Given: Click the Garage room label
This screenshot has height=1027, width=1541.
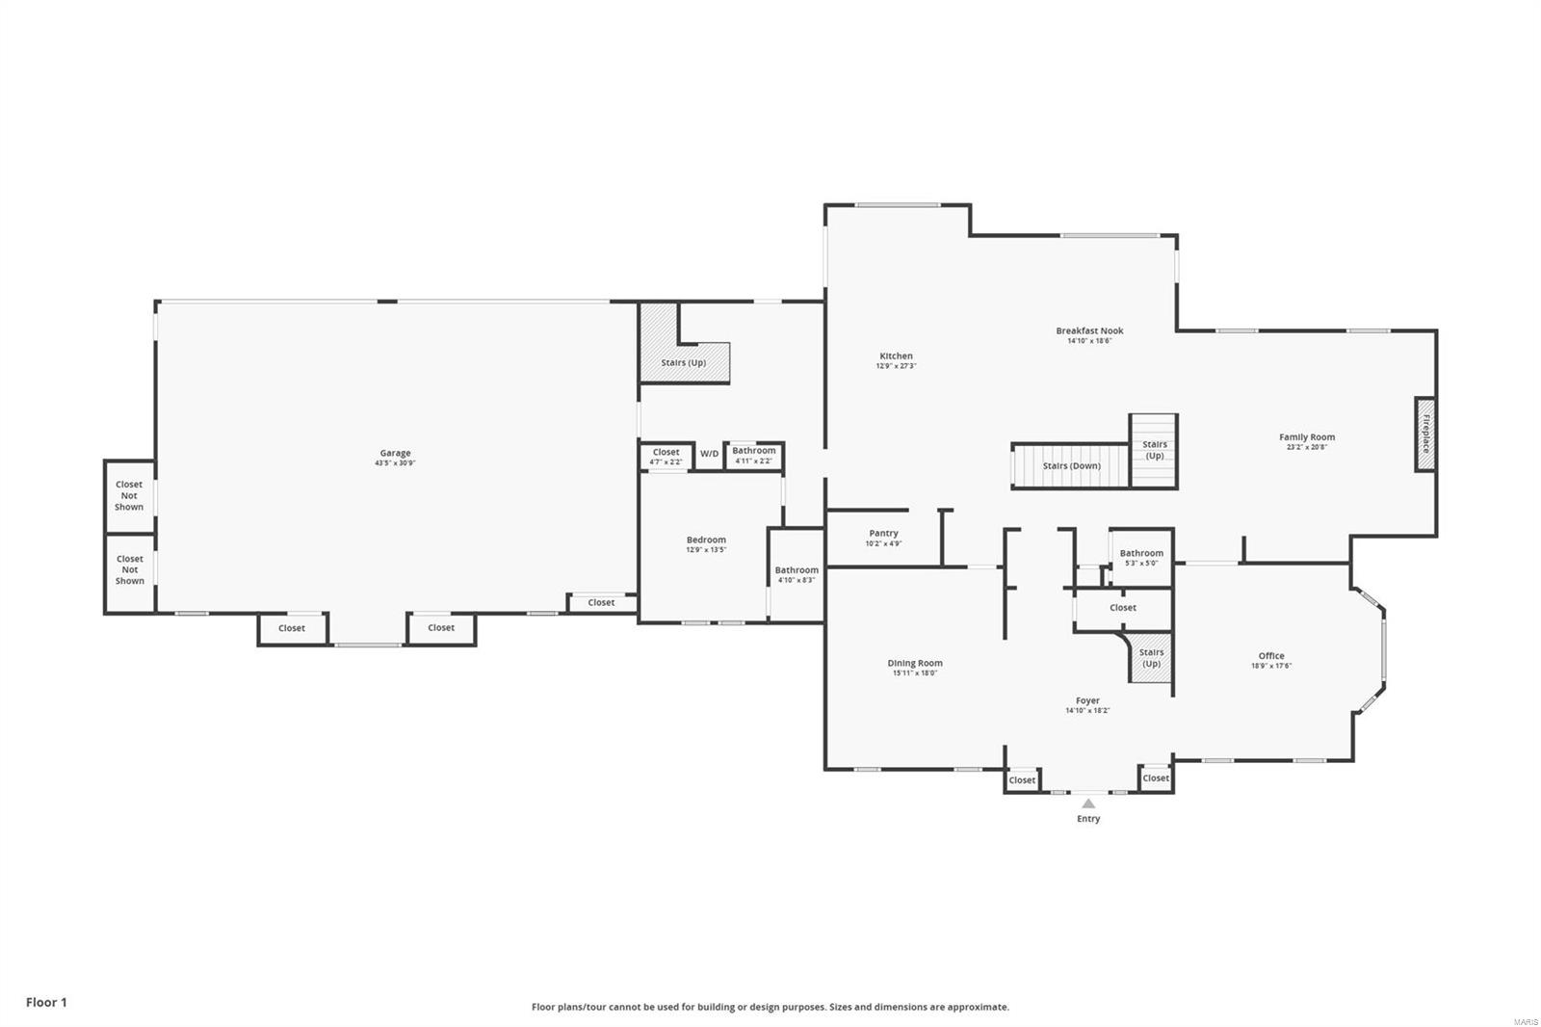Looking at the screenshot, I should click(x=395, y=453).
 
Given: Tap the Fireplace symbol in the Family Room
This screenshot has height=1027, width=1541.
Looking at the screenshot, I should click(x=1424, y=434).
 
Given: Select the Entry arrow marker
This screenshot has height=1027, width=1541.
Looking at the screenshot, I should click(x=1088, y=803).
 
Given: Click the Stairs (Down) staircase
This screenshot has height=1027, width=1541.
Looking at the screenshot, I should click(x=1070, y=466).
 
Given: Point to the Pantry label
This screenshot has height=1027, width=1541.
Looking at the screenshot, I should click(x=883, y=533).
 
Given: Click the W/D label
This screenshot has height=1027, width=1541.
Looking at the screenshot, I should click(x=709, y=454).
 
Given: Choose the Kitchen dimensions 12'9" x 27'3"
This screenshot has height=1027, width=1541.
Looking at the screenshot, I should click(x=896, y=366).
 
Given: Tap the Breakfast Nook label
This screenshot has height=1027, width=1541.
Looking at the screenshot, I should click(x=1089, y=330).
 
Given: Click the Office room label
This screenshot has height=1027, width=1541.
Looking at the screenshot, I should click(x=1270, y=656).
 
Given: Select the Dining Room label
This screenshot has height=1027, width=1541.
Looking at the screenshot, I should click(x=915, y=663).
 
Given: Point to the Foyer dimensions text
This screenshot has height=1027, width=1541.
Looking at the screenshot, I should click(x=1087, y=711).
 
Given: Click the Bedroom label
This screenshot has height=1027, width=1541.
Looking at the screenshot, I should click(x=706, y=540).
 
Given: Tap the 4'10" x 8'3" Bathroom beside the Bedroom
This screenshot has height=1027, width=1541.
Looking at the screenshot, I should click(x=797, y=574).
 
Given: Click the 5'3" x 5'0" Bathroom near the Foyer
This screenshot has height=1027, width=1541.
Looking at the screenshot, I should click(x=1141, y=557).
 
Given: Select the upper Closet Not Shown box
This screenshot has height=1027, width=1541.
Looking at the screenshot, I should click(x=129, y=495).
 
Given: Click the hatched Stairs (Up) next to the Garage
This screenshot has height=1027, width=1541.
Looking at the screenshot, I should click(x=684, y=362).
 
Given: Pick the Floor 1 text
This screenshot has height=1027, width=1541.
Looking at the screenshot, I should click(x=46, y=1002).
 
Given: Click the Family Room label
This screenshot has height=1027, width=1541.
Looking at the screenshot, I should click(x=1307, y=436).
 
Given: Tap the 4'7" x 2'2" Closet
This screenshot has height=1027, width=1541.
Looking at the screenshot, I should click(x=666, y=456).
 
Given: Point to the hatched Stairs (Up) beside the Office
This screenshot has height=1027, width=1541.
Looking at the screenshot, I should click(x=1151, y=658).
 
